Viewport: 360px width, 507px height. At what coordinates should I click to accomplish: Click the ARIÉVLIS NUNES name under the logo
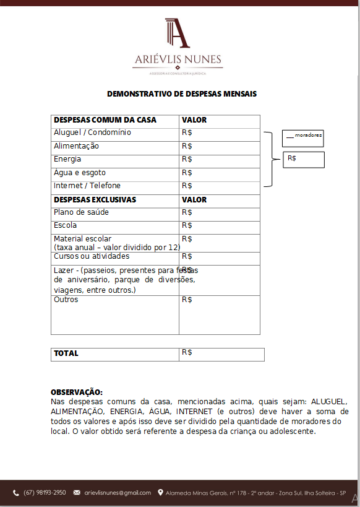tap(178, 61)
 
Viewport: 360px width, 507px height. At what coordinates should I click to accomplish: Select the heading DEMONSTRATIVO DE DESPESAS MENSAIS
tap(182, 94)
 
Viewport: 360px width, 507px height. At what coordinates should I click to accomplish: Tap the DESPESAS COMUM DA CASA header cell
tap(105, 120)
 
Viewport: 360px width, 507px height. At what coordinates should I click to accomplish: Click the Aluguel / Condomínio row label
tap(92, 133)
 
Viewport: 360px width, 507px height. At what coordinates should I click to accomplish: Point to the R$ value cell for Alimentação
tap(187, 147)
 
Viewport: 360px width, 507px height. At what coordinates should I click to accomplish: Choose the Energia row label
tap(67, 160)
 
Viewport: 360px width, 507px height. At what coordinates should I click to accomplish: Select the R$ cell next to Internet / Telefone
tap(187, 186)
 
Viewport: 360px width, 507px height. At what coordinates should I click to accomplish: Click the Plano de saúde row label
tap(81, 213)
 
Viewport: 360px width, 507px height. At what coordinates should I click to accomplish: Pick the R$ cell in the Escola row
tap(187, 225)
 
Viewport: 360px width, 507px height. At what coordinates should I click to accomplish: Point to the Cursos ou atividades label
tap(92, 256)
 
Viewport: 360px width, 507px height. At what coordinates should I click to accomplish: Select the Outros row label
tap(66, 300)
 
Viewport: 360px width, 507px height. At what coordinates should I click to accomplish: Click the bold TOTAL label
tap(66, 353)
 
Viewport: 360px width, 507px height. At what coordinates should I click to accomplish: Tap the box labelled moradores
tap(303, 137)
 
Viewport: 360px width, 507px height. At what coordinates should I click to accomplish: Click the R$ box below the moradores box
tap(303, 159)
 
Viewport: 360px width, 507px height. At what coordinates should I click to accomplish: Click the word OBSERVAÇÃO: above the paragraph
tap(77, 392)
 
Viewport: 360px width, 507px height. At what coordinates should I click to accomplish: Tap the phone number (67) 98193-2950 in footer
tap(45, 493)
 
